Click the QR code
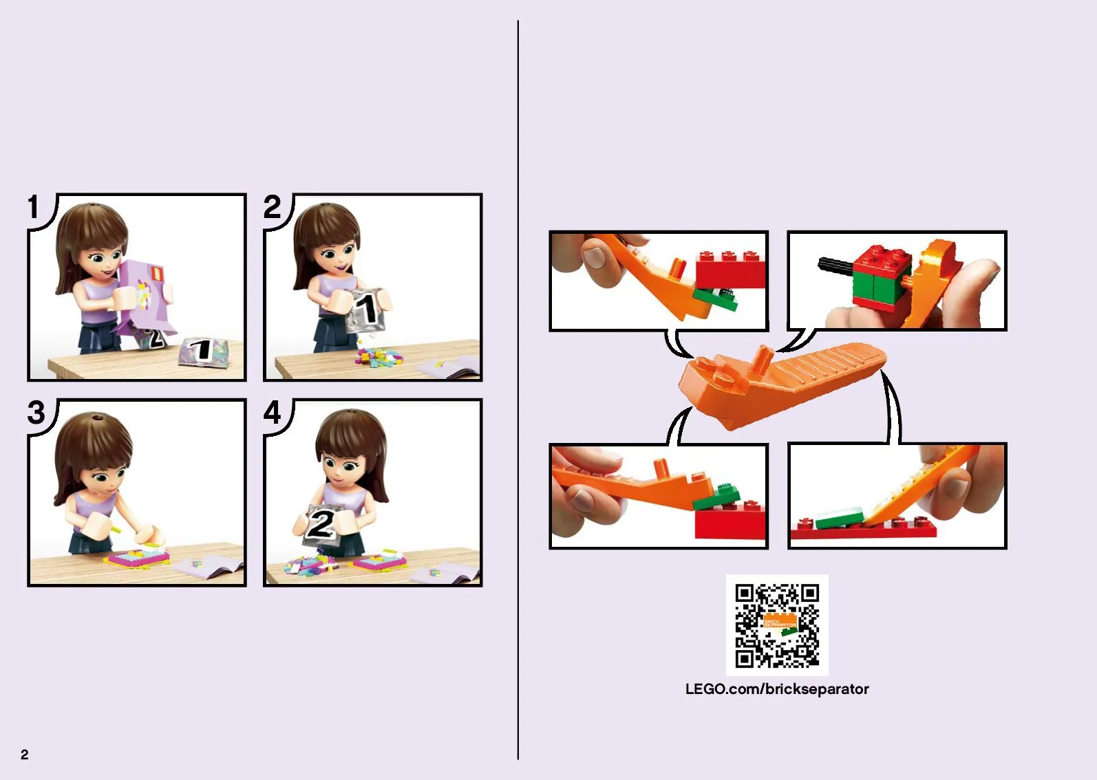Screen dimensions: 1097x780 tap(777, 625)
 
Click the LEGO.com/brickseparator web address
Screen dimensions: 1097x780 tap(777, 689)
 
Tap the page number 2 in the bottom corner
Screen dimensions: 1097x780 tap(25, 754)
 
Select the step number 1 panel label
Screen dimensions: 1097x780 tap(33, 207)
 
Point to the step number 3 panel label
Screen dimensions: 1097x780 tap(36, 413)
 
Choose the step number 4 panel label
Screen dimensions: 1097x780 tap(273, 413)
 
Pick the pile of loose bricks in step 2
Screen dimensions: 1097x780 tap(379, 357)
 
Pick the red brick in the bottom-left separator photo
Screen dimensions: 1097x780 tap(730, 521)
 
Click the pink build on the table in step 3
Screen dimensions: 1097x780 tap(138, 558)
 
